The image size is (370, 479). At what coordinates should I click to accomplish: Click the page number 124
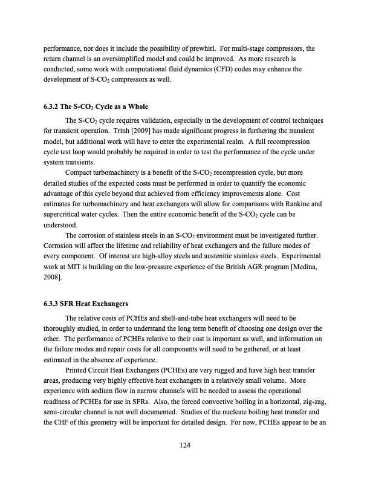185,445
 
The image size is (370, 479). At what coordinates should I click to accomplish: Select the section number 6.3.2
52,107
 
